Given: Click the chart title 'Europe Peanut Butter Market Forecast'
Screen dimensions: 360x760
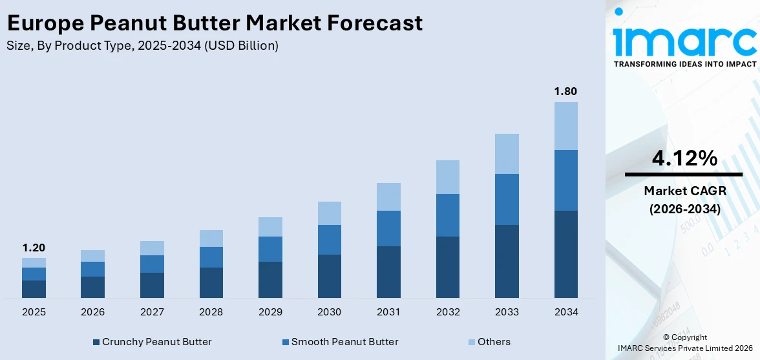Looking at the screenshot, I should point(215,23).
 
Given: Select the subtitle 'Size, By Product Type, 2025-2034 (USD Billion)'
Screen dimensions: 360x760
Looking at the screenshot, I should point(142,46).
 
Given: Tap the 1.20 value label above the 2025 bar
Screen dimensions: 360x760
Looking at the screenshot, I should point(34,248).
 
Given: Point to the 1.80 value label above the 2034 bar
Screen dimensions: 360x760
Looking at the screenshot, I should point(565,91).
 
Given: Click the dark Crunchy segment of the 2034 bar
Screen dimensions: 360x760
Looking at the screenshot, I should point(565,254).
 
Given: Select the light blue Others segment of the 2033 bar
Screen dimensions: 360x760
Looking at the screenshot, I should point(507,154).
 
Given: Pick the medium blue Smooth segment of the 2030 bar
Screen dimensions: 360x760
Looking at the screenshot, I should point(329,240).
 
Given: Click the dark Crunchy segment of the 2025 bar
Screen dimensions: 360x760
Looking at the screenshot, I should point(34,289).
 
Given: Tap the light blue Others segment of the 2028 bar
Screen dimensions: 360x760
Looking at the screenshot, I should point(211,238).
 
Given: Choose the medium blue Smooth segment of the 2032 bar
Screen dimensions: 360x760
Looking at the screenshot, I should point(447,215).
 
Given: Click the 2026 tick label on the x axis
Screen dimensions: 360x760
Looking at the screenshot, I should point(93,312).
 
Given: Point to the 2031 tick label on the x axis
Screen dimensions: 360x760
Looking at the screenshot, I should point(388,312).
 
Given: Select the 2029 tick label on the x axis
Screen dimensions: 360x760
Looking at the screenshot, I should point(270,312).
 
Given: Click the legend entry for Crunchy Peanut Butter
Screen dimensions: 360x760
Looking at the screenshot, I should point(152,342).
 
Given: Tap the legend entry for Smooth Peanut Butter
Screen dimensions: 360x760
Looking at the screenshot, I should point(340,342).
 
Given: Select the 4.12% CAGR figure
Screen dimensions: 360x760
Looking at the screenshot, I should point(684,158).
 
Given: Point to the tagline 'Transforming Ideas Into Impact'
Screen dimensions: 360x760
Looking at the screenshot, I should point(684,64).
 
